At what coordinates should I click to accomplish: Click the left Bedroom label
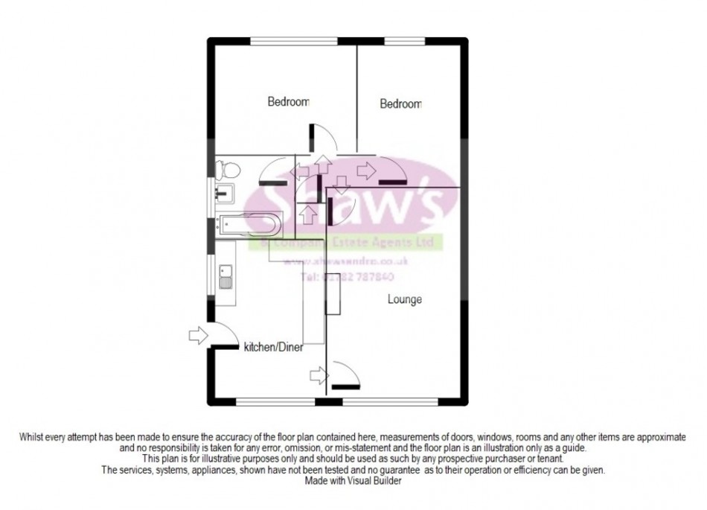288,102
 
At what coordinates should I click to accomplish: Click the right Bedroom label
400,105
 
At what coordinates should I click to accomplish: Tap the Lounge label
404,300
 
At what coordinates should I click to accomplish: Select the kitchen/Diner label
274,348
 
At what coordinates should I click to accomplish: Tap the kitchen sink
224,279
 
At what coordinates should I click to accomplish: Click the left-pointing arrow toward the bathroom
301,172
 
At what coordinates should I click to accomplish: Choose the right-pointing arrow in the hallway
365,170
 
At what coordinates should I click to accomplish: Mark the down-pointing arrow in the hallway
342,183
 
